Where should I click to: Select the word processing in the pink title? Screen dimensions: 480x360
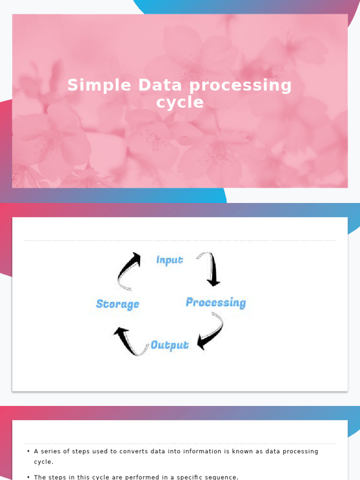click(x=240, y=85)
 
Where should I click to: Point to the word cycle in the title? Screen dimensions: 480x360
click(x=180, y=102)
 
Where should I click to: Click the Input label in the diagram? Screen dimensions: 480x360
click(x=169, y=260)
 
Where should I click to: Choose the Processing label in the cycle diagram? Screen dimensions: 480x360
click(x=216, y=302)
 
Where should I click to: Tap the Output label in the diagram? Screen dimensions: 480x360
click(x=170, y=345)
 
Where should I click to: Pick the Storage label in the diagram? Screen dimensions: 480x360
click(x=118, y=304)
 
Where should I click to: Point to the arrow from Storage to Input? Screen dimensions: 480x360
click(x=128, y=271)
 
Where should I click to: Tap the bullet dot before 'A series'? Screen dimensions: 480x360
click(x=29, y=451)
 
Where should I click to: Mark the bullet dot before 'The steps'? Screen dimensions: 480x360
click(x=29, y=477)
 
